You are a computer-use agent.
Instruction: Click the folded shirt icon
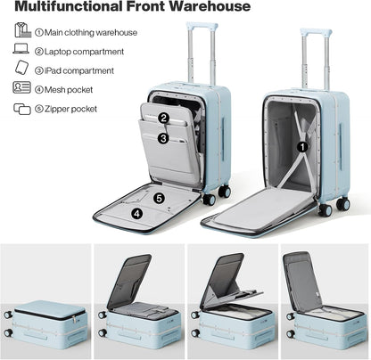(x=23, y=30)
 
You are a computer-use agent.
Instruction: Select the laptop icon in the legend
(x=21, y=48)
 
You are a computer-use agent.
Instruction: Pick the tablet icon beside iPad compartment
(x=22, y=67)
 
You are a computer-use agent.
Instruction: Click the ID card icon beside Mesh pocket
(x=21, y=87)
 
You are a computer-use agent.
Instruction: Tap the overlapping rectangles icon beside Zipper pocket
(x=22, y=109)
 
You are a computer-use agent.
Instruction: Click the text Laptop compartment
(x=84, y=52)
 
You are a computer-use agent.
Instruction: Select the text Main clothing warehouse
(x=91, y=32)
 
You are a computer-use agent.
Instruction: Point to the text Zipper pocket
(x=70, y=109)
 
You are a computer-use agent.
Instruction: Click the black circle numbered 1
(x=303, y=147)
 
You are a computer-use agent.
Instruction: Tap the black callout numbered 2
(x=163, y=119)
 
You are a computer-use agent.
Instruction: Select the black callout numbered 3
(x=163, y=138)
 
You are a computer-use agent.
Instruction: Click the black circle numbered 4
(x=136, y=213)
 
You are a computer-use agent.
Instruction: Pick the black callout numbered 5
(x=159, y=198)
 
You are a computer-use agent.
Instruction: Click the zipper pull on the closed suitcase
(x=74, y=320)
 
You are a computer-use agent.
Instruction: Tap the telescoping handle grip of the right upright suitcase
(x=316, y=32)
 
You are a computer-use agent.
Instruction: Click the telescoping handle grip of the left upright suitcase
(x=202, y=26)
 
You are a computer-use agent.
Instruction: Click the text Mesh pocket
(x=69, y=90)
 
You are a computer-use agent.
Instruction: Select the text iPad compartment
(x=79, y=70)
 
